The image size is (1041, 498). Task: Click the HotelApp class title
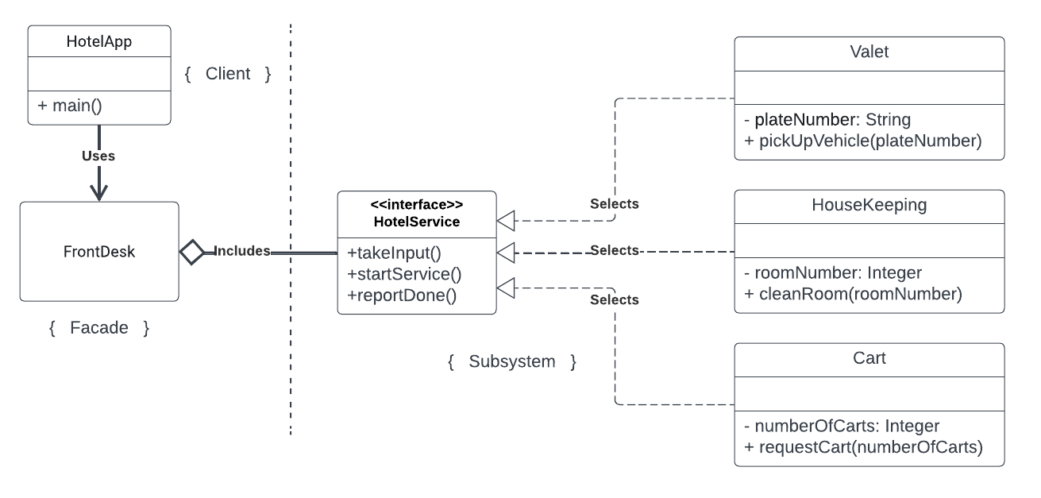[99, 41]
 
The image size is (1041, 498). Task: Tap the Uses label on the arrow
[98, 156]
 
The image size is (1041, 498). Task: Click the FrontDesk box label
[99, 252]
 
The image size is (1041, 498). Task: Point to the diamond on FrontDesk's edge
[192, 252]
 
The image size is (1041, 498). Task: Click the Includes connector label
[242, 251]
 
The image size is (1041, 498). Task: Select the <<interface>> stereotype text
[417, 206]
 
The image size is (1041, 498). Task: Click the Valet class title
[869, 52]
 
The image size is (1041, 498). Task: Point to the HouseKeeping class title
[869, 205]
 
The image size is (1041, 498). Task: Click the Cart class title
[869, 358]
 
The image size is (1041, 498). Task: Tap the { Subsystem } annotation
[512, 362]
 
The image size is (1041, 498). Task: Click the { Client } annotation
[228, 74]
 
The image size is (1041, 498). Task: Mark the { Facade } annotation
[99, 327]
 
